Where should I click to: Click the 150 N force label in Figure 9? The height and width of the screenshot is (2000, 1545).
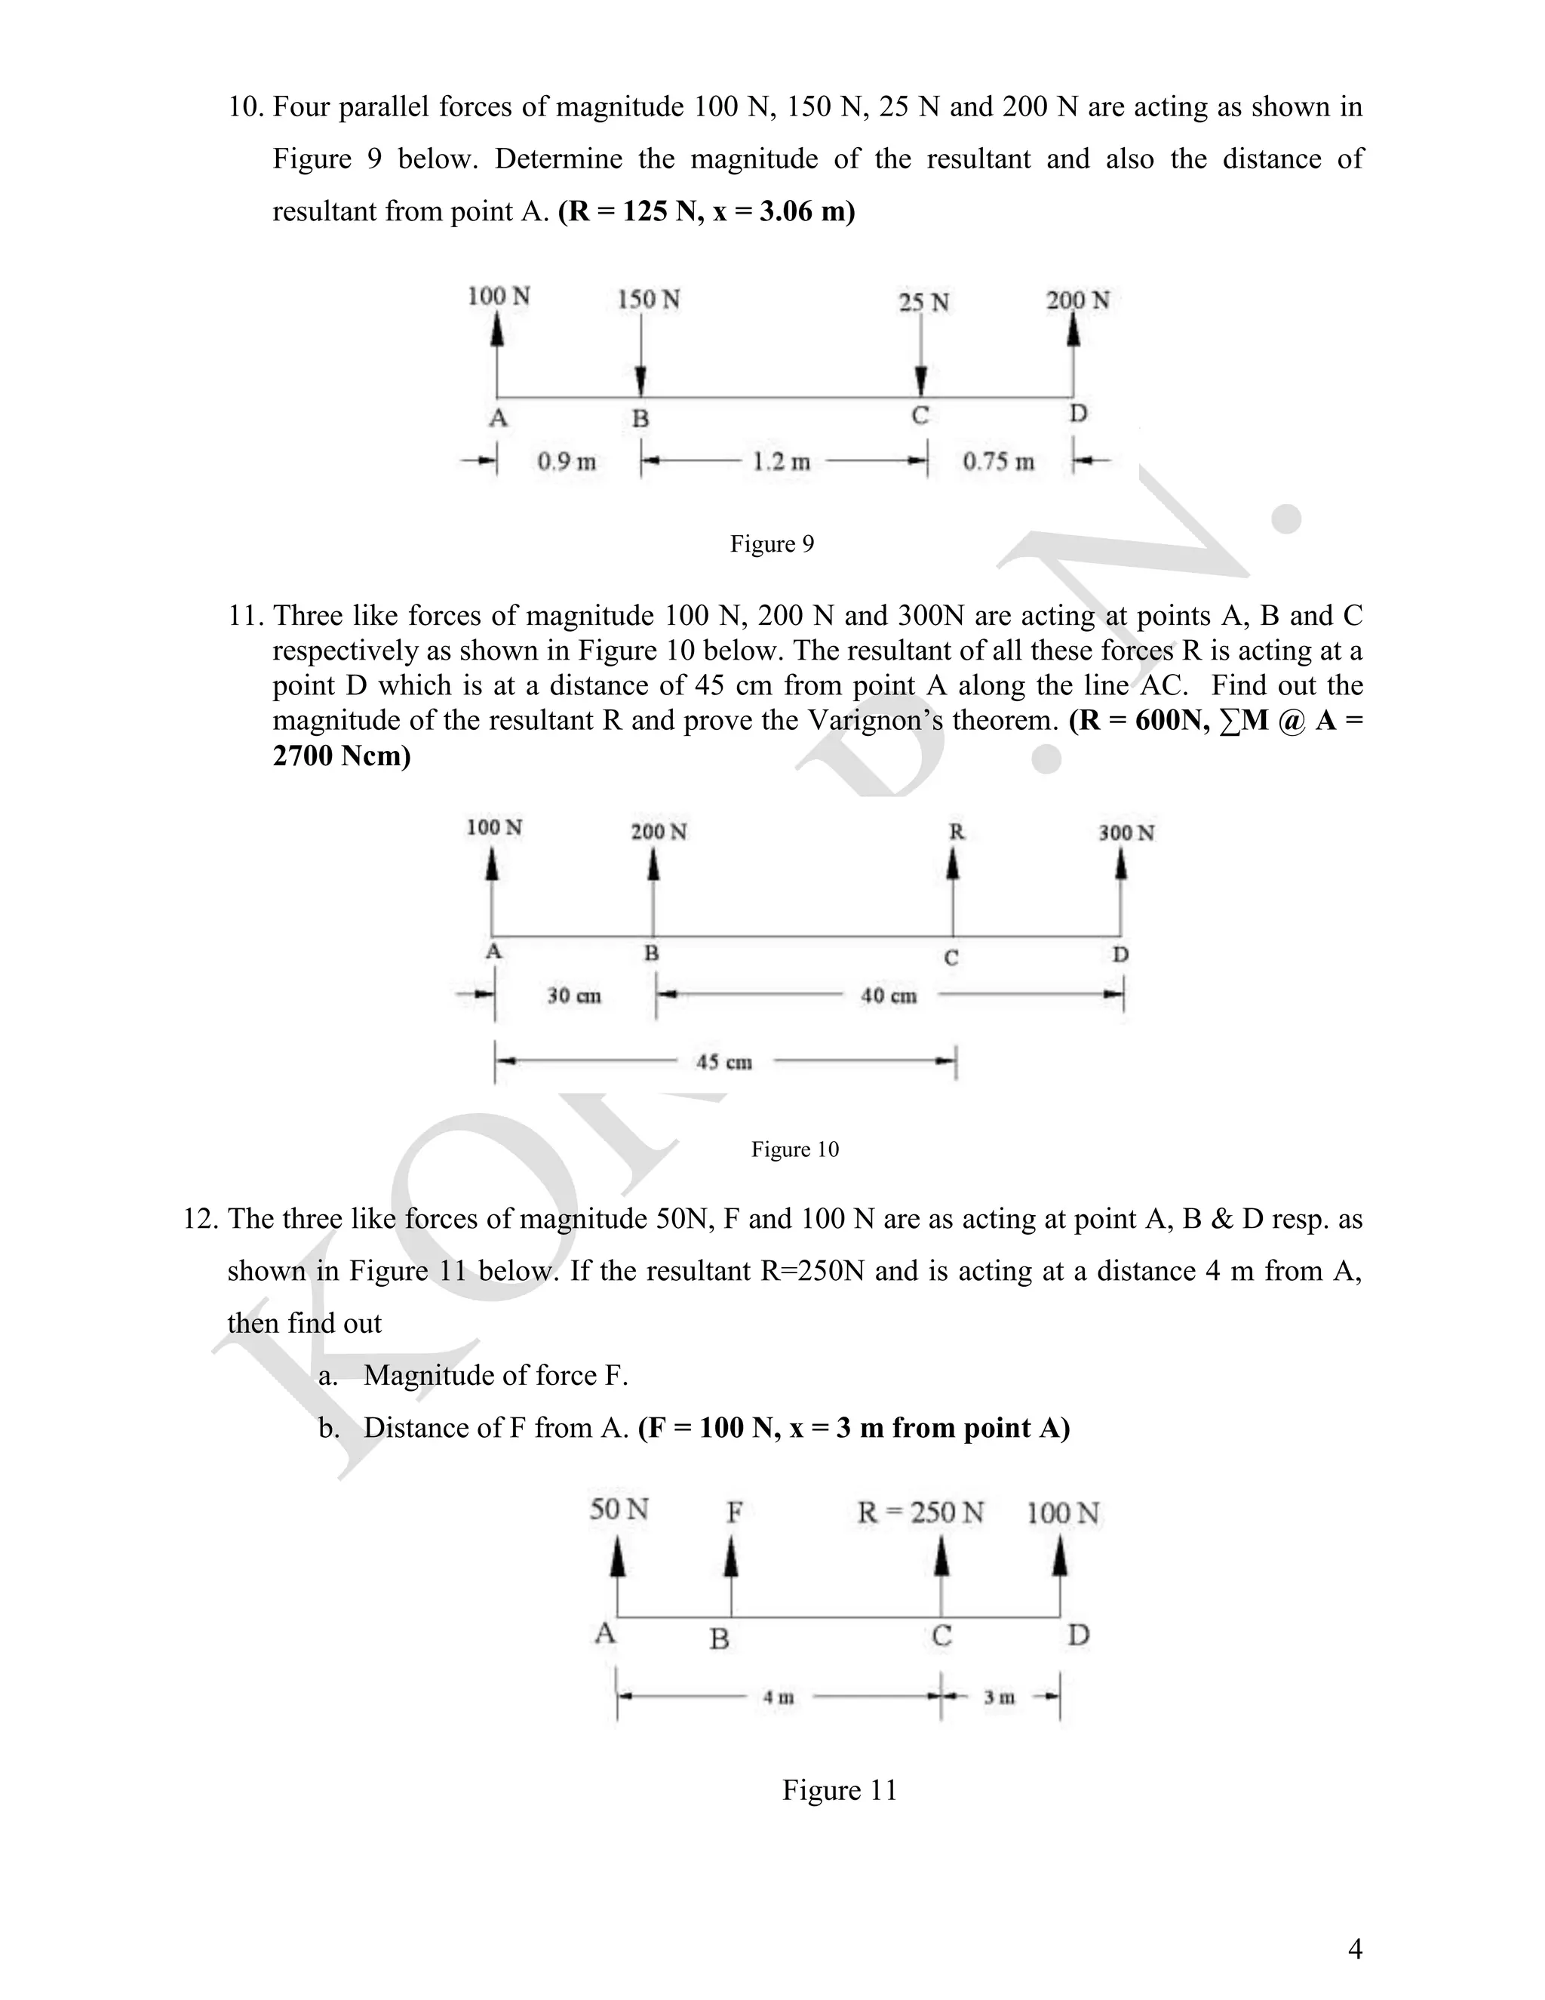click(x=648, y=300)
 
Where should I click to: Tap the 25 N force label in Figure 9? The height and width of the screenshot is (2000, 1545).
click(x=923, y=302)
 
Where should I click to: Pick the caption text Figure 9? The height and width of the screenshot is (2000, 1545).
click(x=772, y=544)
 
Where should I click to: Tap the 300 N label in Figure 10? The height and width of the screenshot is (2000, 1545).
click(x=1126, y=832)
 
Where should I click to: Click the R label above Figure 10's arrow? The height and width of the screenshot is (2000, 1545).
click(x=957, y=832)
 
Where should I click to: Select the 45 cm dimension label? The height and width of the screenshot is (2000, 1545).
click(x=724, y=1063)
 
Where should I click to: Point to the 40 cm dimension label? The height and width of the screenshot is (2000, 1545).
click(x=888, y=995)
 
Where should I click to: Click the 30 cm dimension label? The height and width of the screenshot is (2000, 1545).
click(x=574, y=995)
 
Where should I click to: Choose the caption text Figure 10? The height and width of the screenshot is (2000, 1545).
click(x=794, y=1149)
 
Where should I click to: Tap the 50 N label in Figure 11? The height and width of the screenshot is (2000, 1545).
click(x=619, y=1509)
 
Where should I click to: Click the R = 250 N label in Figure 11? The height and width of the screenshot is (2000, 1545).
click(x=920, y=1512)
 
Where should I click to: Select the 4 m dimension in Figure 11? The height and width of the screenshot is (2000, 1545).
click(x=778, y=1697)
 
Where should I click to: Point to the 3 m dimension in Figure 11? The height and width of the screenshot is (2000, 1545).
click(x=999, y=1697)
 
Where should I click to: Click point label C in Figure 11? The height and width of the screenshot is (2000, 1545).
click(x=941, y=1635)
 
